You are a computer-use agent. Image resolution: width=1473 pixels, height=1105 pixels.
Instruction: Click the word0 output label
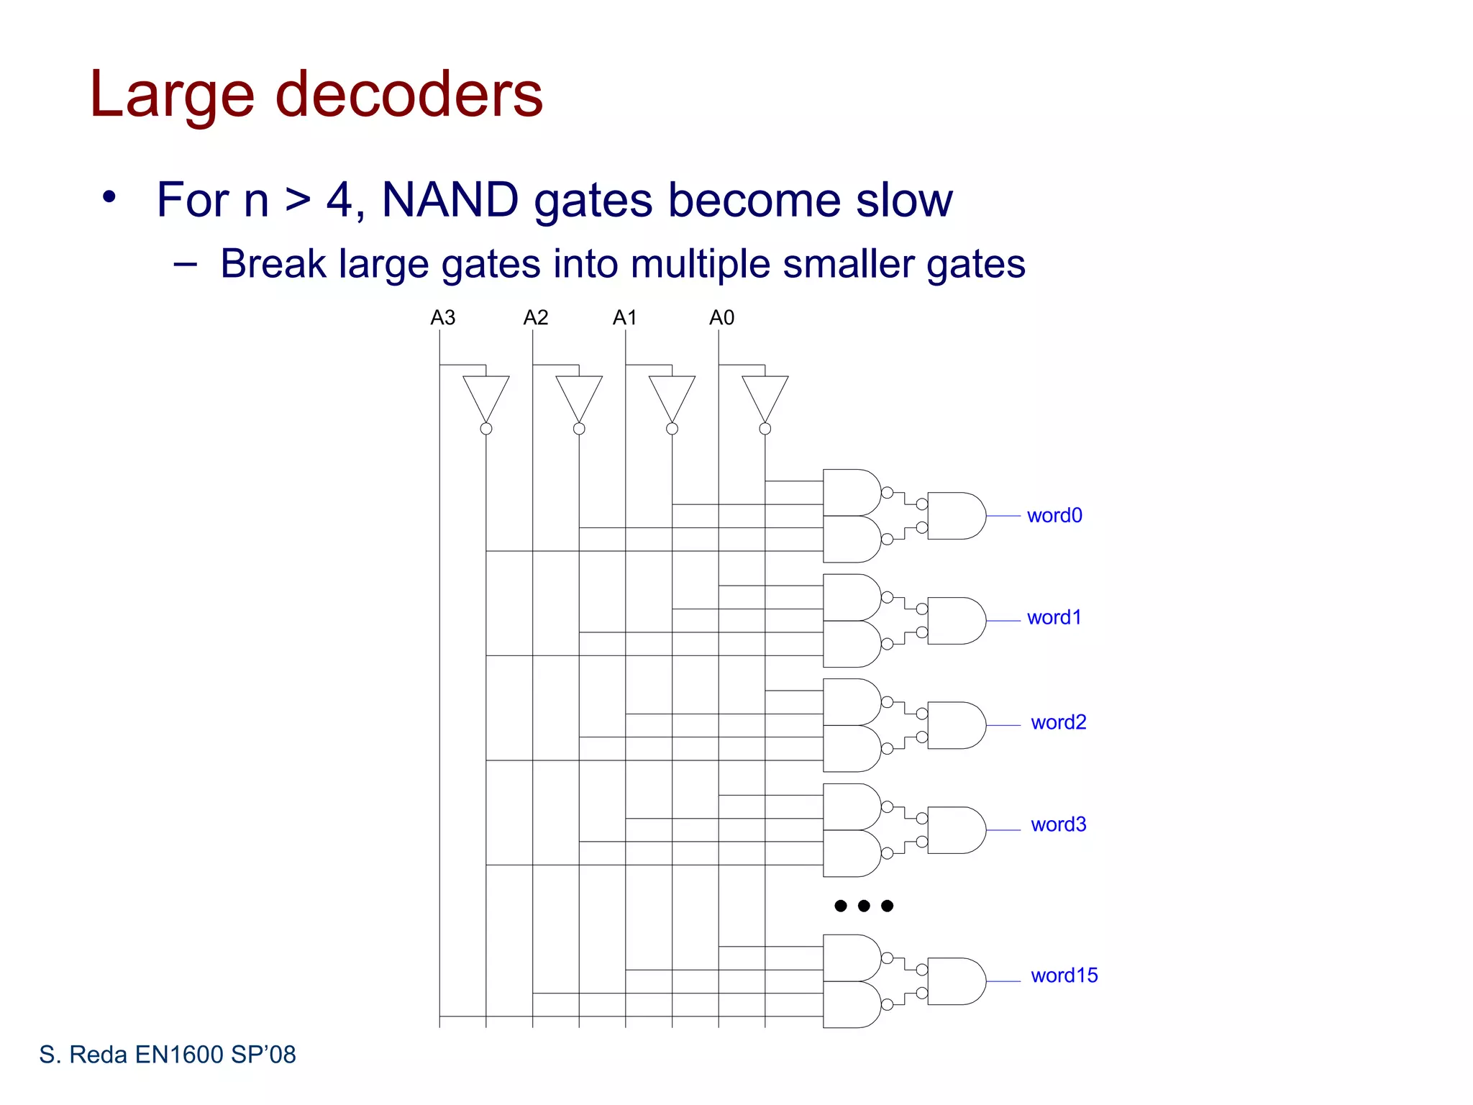click(1054, 515)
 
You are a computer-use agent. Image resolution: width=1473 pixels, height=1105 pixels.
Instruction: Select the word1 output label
click(1054, 617)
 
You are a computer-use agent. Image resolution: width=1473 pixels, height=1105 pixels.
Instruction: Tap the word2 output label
click(1058, 722)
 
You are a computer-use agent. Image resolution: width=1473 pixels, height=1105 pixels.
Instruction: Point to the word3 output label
click(1058, 824)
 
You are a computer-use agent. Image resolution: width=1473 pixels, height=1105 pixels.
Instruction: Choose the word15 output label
click(1064, 975)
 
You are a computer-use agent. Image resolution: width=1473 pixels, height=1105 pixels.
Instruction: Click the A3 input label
click(442, 317)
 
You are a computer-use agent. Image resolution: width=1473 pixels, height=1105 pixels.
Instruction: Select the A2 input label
click(535, 317)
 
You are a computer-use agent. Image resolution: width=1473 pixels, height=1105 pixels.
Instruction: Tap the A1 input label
click(624, 317)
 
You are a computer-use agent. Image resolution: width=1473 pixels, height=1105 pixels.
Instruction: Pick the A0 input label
click(721, 317)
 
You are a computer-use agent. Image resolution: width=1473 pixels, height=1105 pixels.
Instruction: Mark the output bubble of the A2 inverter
click(579, 429)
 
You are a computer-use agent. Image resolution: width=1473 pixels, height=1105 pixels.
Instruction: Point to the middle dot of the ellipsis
click(864, 906)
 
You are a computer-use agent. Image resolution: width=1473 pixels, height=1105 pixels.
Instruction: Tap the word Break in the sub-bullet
click(273, 263)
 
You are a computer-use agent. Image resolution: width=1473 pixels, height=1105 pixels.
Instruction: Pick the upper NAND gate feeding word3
click(850, 806)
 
